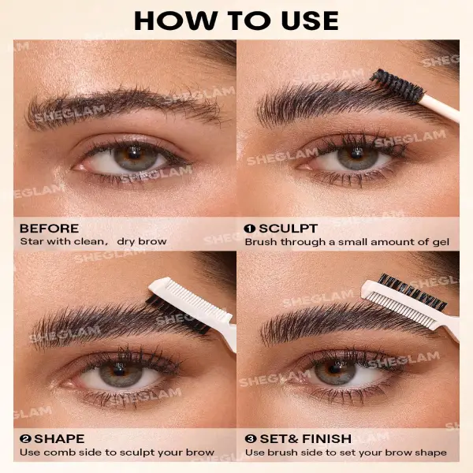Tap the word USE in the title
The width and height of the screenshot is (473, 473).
point(310,20)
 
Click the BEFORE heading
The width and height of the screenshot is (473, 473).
point(49,229)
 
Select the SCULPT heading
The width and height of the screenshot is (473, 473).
point(288,229)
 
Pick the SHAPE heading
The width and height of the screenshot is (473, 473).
point(59,438)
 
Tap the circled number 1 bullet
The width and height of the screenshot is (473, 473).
point(250,229)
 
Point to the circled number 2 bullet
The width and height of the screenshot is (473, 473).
point(25,438)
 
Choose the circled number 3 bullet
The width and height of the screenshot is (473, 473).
point(251,438)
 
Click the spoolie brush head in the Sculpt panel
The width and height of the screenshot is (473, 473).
point(396,84)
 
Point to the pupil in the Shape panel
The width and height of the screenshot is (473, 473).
point(119,369)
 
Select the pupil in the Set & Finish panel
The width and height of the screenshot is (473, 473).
point(335,368)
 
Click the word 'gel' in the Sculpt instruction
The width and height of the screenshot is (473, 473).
point(441,243)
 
